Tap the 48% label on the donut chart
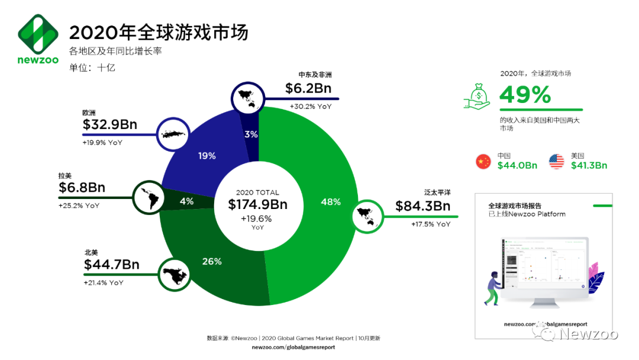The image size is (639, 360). tap(331, 202)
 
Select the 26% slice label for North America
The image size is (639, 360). tap(212, 261)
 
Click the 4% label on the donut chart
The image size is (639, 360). tap(186, 201)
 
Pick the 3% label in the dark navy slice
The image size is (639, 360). tap(251, 134)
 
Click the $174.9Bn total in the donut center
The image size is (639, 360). tap(257, 204)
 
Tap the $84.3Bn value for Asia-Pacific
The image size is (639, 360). tap(423, 206)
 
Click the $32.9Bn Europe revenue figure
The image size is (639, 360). tap(110, 124)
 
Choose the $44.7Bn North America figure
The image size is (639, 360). tap(112, 265)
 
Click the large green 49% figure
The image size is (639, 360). tap(525, 95)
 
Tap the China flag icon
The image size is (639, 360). tap(483, 161)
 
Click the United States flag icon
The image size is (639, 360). tap(557, 161)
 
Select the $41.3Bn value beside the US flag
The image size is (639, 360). tap(589, 166)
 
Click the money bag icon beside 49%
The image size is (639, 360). tap(478, 95)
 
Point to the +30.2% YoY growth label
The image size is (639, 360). tap(311, 107)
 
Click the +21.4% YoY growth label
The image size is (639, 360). tap(104, 283)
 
